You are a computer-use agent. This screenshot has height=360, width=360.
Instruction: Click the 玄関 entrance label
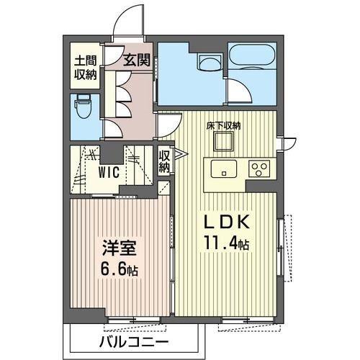(136, 61)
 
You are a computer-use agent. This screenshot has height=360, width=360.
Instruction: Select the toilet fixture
(85, 108)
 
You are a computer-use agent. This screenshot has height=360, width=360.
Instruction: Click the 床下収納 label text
(225, 125)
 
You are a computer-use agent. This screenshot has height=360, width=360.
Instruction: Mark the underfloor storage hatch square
(224, 143)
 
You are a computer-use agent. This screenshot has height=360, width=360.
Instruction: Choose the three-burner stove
(258, 169)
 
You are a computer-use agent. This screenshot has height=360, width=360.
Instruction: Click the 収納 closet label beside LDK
(164, 161)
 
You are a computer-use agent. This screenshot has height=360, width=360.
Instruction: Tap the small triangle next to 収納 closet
(178, 153)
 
